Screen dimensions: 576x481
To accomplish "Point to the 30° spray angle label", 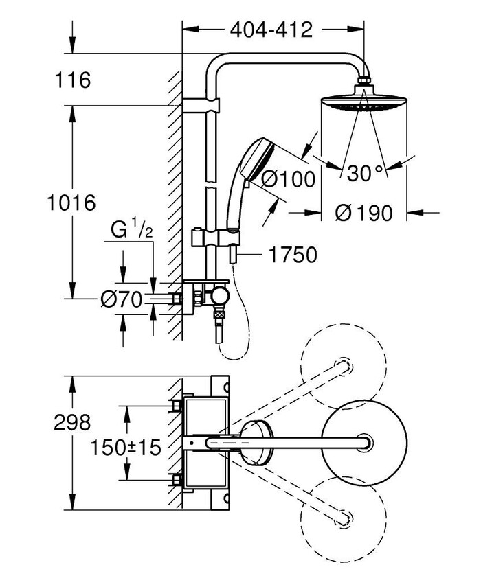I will click(x=364, y=172).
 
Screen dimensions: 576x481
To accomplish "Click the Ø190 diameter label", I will click(x=364, y=213).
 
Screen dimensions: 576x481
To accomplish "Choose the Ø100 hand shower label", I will click(x=288, y=179).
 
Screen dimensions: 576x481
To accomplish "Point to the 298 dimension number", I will click(x=72, y=422).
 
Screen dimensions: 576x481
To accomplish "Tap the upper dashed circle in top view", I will click(x=339, y=364).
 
